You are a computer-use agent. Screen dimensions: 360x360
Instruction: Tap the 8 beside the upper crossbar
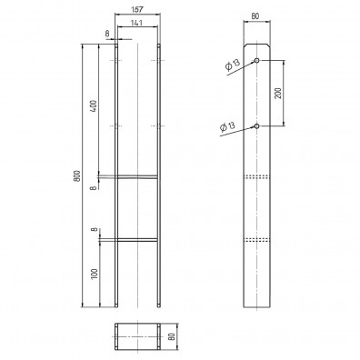coord(95,187)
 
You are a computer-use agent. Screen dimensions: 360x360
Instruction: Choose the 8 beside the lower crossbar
coord(95,231)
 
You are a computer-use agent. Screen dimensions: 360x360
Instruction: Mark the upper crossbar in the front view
coord(137,177)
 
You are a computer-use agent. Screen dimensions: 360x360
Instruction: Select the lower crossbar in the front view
coord(137,240)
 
